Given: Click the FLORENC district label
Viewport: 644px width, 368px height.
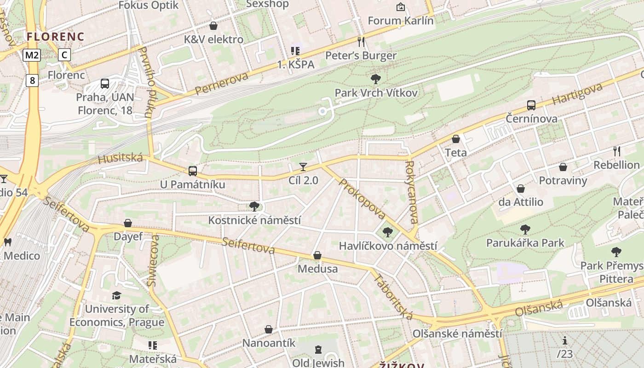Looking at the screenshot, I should click(x=55, y=37).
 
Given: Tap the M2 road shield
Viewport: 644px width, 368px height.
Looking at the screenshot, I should click(x=32, y=55).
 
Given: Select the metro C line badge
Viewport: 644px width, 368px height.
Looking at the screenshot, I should click(x=64, y=55).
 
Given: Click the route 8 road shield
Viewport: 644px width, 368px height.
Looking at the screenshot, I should click(x=32, y=80).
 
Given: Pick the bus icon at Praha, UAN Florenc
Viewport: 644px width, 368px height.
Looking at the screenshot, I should click(x=105, y=84).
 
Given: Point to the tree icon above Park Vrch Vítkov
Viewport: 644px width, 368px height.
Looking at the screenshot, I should click(x=376, y=79).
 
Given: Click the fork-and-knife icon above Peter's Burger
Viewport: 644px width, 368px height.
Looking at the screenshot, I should click(x=361, y=42).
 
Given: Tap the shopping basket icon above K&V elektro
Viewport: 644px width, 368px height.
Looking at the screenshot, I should click(x=213, y=26).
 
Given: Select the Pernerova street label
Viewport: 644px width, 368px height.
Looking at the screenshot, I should click(x=222, y=83).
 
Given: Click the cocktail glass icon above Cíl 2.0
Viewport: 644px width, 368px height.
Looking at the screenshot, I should click(x=303, y=167).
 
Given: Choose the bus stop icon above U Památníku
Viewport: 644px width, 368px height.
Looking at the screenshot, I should click(x=193, y=171).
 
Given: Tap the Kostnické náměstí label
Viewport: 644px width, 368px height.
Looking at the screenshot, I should click(x=254, y=220).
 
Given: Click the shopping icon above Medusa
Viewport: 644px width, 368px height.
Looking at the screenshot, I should click(x=317, y=255).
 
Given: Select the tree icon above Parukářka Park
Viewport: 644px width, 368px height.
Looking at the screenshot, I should click(x=525, y=229).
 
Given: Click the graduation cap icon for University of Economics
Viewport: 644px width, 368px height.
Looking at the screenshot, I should click(x=117, y=295).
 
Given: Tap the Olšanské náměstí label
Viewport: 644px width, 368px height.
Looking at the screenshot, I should click(x=457, y=333).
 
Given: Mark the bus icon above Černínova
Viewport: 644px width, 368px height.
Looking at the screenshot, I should click(x=531, y=105).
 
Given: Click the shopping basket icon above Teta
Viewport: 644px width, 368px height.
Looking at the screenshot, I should click(x=456, y=139).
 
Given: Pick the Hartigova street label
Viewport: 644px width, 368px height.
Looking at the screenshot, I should click(x=578, y=94).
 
